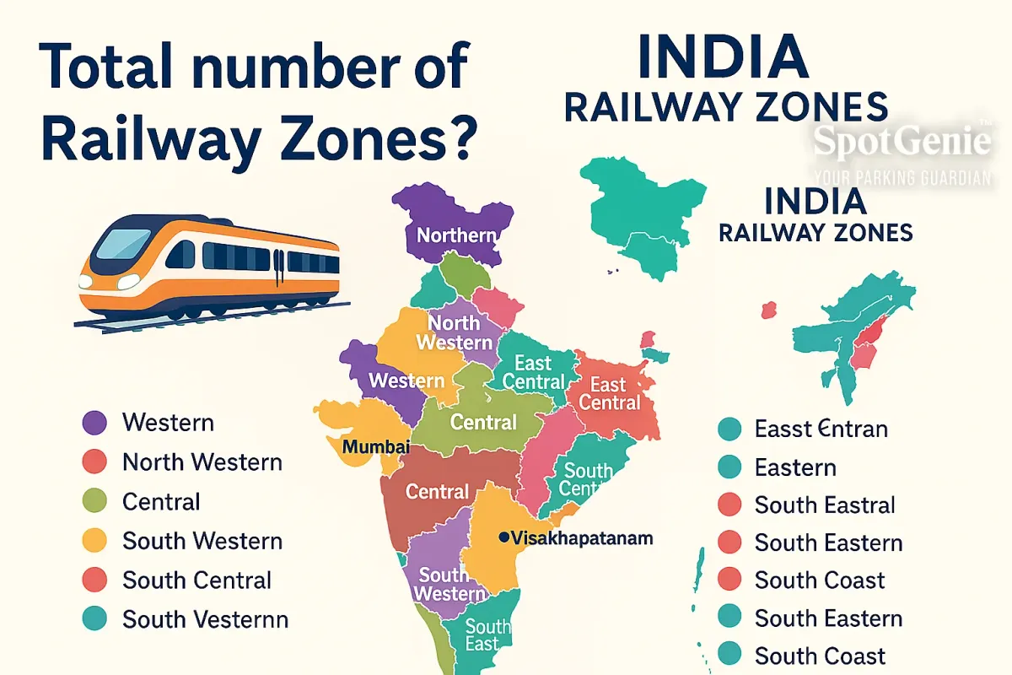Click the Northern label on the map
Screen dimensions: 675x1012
coord(456,235)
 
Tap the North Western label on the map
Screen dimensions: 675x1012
coord(454,332)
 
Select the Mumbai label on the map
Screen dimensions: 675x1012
coord(375,446)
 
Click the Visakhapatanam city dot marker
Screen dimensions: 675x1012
coord(503,537)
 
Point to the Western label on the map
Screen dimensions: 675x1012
coord(406,381)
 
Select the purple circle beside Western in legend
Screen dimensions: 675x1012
coord(94,423)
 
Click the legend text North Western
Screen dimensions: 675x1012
coord(202,462)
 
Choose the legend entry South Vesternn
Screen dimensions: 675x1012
coord(205,620)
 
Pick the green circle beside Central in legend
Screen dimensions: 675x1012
coord(94,502)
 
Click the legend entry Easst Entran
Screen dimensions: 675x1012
coord(821,429)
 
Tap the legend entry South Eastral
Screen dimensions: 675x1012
coord(824,505)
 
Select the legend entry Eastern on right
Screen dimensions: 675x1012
coord(795,467)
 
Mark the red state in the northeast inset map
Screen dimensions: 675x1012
coord(864,346)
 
